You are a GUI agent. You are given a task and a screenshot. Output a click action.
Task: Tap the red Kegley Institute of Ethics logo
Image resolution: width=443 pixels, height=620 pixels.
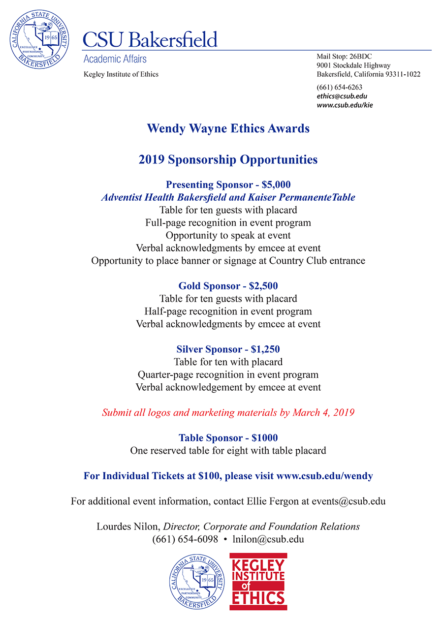click(x=258, y=581)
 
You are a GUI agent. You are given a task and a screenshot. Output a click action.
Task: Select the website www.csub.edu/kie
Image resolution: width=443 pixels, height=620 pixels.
click(x=345, y=105)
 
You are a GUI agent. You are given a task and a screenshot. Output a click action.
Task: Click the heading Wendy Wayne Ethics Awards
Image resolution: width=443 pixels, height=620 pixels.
click(x=228, y=128)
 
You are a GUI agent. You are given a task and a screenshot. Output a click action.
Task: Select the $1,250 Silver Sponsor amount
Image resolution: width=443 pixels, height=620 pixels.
click(x=265, y=349)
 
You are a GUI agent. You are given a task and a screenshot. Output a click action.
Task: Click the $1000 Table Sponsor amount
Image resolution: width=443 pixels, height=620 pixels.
click(x=264, y=438)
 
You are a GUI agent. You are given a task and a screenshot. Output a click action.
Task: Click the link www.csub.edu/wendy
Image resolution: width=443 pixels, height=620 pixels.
click(x=325, y=476)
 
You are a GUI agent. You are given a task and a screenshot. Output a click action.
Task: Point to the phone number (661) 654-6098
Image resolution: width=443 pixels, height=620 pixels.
click(x=185, y=539)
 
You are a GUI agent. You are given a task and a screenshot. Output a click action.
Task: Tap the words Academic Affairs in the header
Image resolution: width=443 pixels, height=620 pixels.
click(x=115, y=59)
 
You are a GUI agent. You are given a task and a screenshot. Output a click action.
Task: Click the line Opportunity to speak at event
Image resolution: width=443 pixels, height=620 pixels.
click(x=228, y=235)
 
